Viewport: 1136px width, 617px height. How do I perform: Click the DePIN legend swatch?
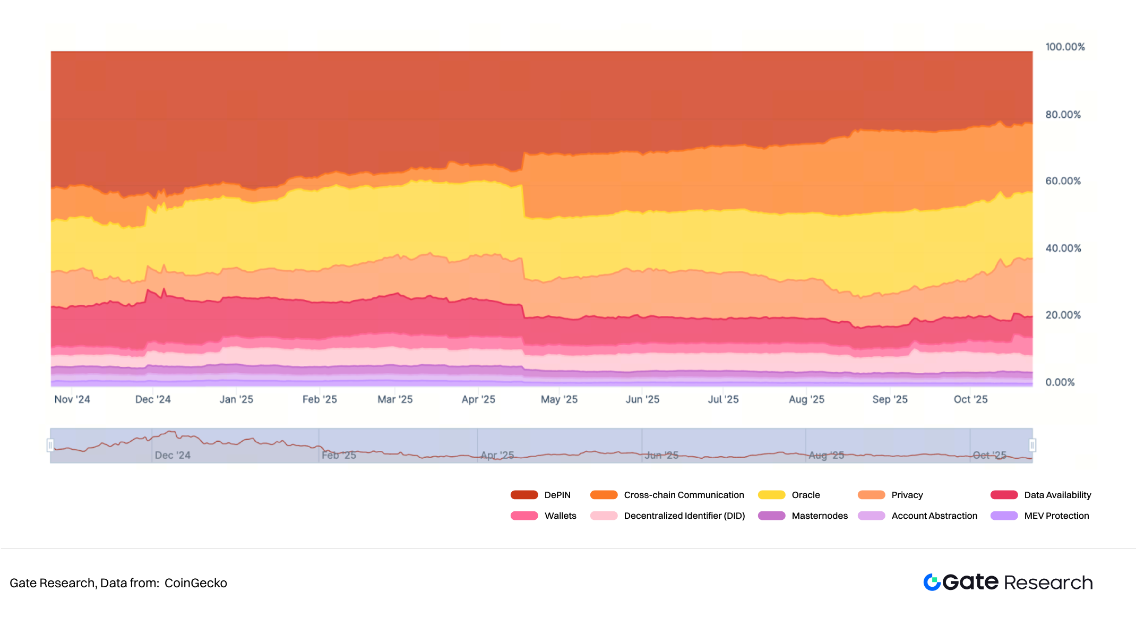pos(524,495)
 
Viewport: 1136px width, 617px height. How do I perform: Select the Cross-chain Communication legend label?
pos(684,495)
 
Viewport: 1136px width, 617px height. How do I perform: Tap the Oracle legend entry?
pos(805,495)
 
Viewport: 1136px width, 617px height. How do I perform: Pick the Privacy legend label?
pos(907,495)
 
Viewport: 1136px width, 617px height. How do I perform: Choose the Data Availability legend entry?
pos(1057,495)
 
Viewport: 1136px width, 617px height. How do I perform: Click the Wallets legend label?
pos(560,516)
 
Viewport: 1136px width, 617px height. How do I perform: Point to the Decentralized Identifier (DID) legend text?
pos(684,516)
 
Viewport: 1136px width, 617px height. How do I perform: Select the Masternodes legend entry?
pos(819,516)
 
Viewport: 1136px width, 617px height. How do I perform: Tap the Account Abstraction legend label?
pos(934,516)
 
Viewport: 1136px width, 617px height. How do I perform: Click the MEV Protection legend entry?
pos(1056,516)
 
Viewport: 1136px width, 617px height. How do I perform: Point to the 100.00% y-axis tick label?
pos(1065,47)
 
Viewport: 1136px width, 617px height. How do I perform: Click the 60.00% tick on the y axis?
pos(1063,181)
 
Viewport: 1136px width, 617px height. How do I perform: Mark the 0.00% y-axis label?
pos(1060,382)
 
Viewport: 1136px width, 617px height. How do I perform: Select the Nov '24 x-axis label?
pos(72,399)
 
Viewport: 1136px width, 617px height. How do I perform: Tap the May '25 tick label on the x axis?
pos(559,399)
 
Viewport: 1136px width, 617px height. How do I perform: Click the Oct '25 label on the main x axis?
pos(970,399)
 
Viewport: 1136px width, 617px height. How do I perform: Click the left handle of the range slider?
pos(50,445)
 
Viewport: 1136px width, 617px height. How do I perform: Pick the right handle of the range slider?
pos(1032,445)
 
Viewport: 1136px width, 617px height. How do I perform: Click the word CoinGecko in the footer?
pos(195,583)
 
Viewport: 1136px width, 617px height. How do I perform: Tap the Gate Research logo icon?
pos(932,582)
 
